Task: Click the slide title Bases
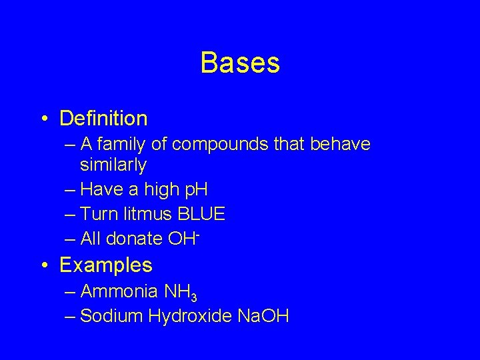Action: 240,63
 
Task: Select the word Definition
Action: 103,119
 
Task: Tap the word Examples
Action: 105,265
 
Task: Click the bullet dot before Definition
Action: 43,119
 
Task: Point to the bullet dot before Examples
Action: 43,265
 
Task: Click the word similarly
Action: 113,164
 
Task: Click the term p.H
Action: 195,190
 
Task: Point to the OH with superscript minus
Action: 184,237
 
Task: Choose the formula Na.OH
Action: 263,315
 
